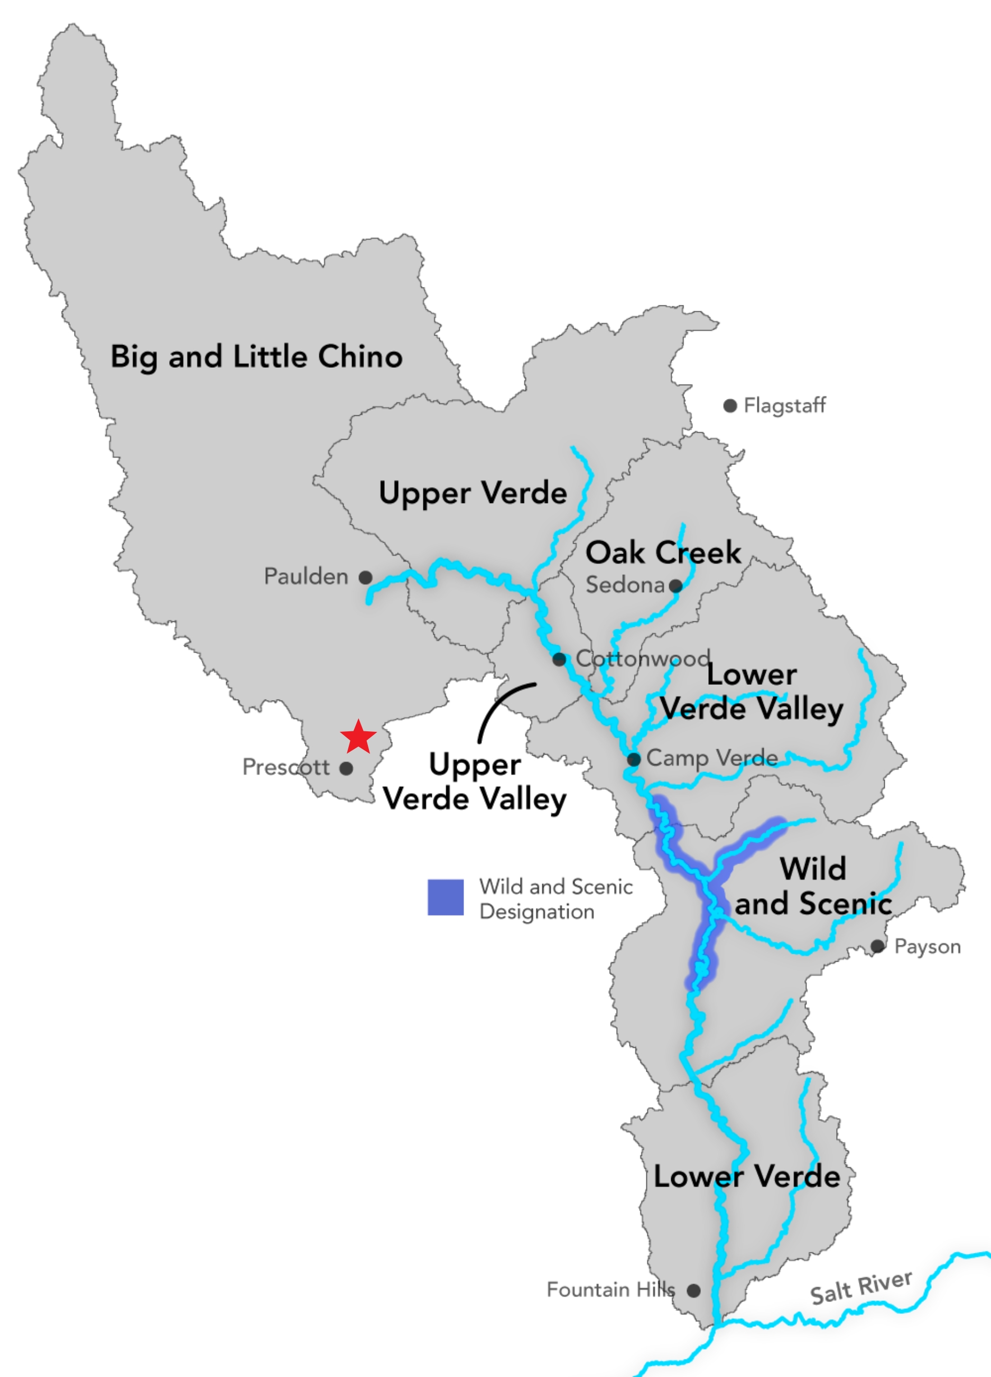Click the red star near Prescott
point(358,737)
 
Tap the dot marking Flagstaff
point(730,406)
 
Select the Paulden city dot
point(365,577)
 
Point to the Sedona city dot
point(675,586)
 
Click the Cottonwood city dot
point(559,659)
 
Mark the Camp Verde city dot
point(633,759)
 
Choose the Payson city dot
point(877,946)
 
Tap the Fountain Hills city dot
point(693,1290)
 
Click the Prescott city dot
point(346,768)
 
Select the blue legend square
point(445,897)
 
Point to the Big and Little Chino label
point(256,356)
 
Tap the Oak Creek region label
point(663,553)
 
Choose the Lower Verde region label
point(747,1177)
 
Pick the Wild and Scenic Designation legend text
point(555,899)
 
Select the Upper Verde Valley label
point(474,781)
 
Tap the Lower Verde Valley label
point(752,692)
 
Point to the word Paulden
point(306,576)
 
